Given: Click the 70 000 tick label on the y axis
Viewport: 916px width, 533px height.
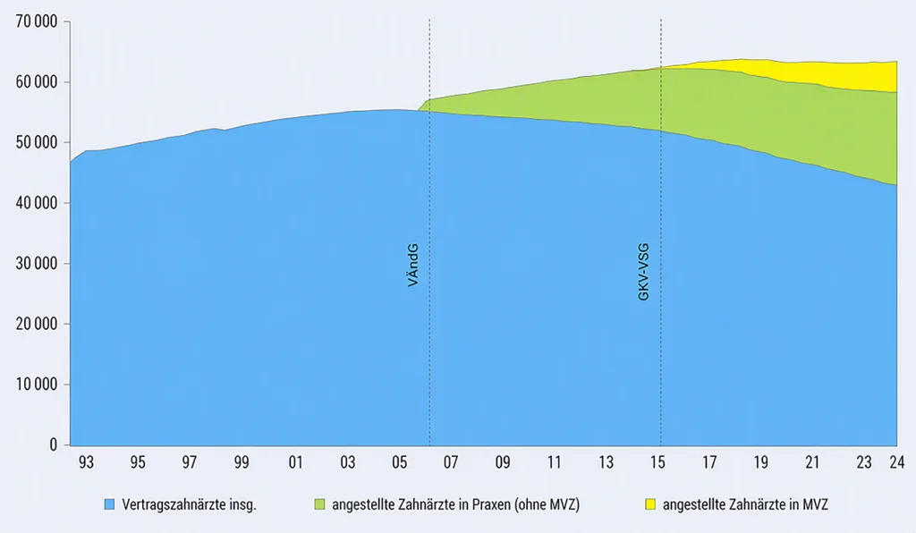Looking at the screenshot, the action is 36,22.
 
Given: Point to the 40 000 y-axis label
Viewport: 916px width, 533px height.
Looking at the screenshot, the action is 36,203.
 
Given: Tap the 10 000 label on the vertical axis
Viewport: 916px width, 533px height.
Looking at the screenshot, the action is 36,385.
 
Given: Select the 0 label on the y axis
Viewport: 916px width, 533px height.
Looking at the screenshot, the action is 54,444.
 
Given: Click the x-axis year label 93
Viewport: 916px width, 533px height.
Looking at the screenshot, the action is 86,462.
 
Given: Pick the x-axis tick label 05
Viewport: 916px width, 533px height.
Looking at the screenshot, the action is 399,462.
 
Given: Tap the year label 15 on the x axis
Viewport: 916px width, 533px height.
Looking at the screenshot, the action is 657,462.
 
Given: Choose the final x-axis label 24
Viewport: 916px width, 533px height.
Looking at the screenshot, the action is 896,462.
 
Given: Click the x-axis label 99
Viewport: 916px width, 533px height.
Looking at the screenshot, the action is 242,462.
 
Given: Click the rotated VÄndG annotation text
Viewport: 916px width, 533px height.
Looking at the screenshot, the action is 413,265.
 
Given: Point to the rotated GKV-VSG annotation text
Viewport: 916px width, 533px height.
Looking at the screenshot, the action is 643,272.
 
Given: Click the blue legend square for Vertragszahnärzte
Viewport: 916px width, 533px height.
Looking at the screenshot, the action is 109,504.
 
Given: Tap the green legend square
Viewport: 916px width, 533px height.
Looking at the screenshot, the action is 319,504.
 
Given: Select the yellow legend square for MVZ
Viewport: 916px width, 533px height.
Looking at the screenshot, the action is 650,504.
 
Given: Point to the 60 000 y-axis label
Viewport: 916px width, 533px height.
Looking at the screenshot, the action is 36,82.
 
